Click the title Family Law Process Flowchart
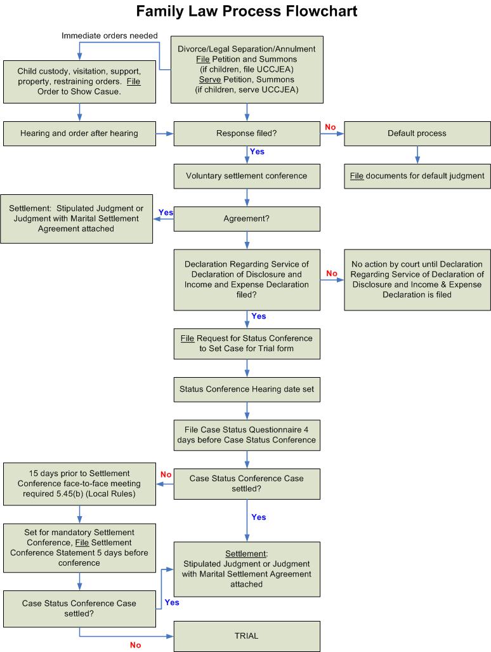pyautogui.click(x=247, y=11)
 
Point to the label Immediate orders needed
pyautogui.click(x=110, y=36)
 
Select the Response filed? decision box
pyautogui.click(x=246, y=134)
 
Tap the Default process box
pyautogui.click(x=417, y=134)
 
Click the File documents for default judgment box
pyautogui.click(x=417, y=175)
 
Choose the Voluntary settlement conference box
pyautogui.click(x=246, y=175)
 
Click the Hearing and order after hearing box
pyautogui.click(x=79, y=134)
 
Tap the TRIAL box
pyautogui.click(x=246, y=635)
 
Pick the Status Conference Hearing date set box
pyautogui.click(x=246, y=388)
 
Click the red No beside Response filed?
pyautogui.click(x=329, y=127)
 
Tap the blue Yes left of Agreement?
pyautogui.click(x=165, y=212)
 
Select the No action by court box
pyautogui.click(x=417, y=279)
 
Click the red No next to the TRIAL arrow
pyautogui.click(x=135, y=645)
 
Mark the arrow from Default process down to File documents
pyautogui.click(x=417, y=156)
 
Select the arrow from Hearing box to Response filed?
pyautogui.click(x=164, y=134)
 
